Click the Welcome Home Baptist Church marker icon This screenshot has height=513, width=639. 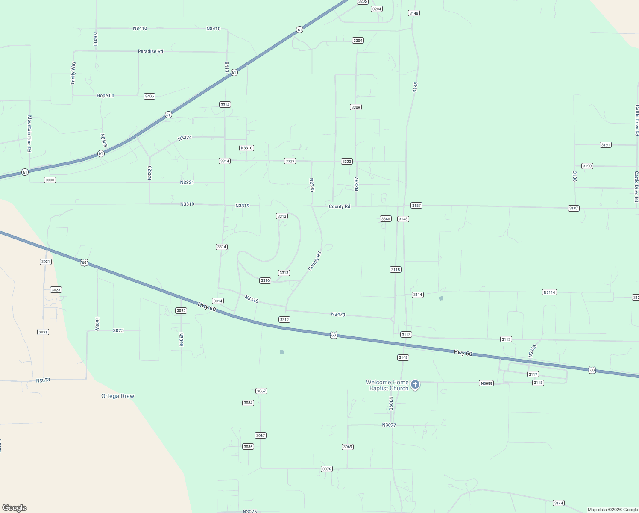415,385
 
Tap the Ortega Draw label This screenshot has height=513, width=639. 117,396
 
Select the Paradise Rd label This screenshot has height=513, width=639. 150,51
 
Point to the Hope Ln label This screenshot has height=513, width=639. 105,96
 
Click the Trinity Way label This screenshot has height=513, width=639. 73,73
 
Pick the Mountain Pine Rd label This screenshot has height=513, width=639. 29,133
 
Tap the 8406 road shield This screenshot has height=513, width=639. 149,96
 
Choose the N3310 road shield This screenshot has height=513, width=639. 246,148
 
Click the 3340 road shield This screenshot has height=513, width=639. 385,219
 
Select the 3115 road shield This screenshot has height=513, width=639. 396,270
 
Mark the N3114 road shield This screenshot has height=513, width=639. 549,292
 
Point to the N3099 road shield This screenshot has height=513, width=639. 487,383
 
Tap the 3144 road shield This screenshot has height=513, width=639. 558,503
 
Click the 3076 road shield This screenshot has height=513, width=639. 327,469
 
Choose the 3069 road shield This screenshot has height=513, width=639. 348,447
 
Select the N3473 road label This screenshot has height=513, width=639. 338,315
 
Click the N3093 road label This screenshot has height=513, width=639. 43,380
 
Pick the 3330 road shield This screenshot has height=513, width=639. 50,180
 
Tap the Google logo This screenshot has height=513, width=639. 15,508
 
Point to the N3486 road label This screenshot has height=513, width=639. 532,351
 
